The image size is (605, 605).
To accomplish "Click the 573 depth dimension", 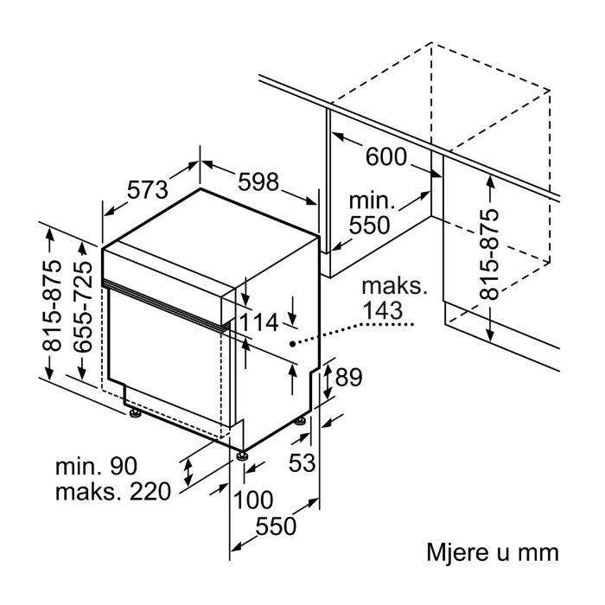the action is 148,189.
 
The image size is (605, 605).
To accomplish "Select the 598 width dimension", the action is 258,181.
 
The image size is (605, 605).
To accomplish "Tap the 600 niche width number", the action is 385,156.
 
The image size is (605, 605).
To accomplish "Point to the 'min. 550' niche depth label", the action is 370,213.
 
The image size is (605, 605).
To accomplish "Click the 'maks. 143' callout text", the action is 394,298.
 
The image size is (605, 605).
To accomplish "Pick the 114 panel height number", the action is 259,322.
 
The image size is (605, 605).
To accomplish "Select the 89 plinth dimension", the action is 349,377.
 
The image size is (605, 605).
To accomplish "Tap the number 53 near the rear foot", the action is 302,462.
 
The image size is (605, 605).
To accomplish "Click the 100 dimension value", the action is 253,500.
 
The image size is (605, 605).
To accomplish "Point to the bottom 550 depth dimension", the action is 276,525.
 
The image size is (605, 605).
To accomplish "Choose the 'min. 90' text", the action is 97,466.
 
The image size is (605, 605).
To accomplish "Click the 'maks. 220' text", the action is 113,492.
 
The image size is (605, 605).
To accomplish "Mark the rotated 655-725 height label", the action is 83,307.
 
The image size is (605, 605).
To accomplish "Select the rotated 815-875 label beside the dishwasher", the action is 52,306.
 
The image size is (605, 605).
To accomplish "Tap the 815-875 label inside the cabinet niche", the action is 489,254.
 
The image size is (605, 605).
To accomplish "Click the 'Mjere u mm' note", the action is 493,552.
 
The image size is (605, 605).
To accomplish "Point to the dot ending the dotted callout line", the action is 292,343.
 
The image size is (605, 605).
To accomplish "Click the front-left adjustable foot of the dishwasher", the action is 135,414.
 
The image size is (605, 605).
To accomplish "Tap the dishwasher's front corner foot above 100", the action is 243,455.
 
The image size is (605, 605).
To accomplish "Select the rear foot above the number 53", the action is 301,420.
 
